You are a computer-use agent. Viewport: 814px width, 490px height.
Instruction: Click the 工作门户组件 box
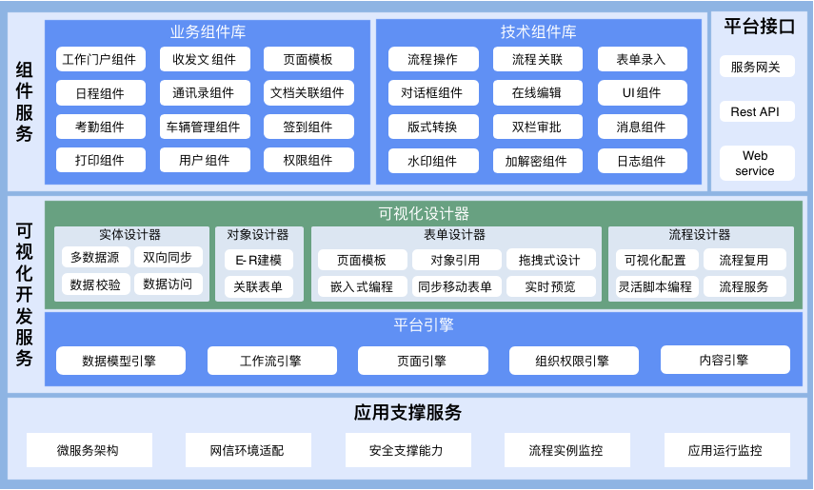(x=99, y=60)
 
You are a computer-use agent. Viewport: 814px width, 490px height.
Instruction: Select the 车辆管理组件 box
(x=204, y=127)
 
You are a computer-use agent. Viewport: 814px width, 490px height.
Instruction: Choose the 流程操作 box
(x=432, y=60)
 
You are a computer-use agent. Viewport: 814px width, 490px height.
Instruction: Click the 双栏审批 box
(x=536, y=127)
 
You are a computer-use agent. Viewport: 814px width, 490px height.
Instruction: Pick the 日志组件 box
(x=642, y=161)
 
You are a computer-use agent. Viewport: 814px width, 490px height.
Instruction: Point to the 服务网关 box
(x=756, y=68)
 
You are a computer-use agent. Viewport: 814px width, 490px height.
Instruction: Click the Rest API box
(x=756, y=111)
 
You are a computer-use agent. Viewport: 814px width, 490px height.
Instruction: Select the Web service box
(x=756, y=163)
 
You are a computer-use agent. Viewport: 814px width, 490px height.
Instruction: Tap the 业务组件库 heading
(x=208, y=31)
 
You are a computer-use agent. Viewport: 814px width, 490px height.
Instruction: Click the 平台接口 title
(x=759, y=27)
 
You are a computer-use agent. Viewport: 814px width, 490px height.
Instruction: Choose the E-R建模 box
(x=259, y=260)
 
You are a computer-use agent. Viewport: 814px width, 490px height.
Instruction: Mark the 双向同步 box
(x=168, y=257)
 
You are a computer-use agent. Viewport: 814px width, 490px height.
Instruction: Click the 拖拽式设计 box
(x=551, y=260)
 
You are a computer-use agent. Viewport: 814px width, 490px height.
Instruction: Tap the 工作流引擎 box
(x=271, y=361)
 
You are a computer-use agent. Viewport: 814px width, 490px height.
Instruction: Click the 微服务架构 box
(x=89, y=450)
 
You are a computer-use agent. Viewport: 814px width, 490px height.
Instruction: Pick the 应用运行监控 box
(x=725, y=450)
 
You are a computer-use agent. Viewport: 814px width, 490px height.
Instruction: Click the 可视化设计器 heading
(x=423, y=213)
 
